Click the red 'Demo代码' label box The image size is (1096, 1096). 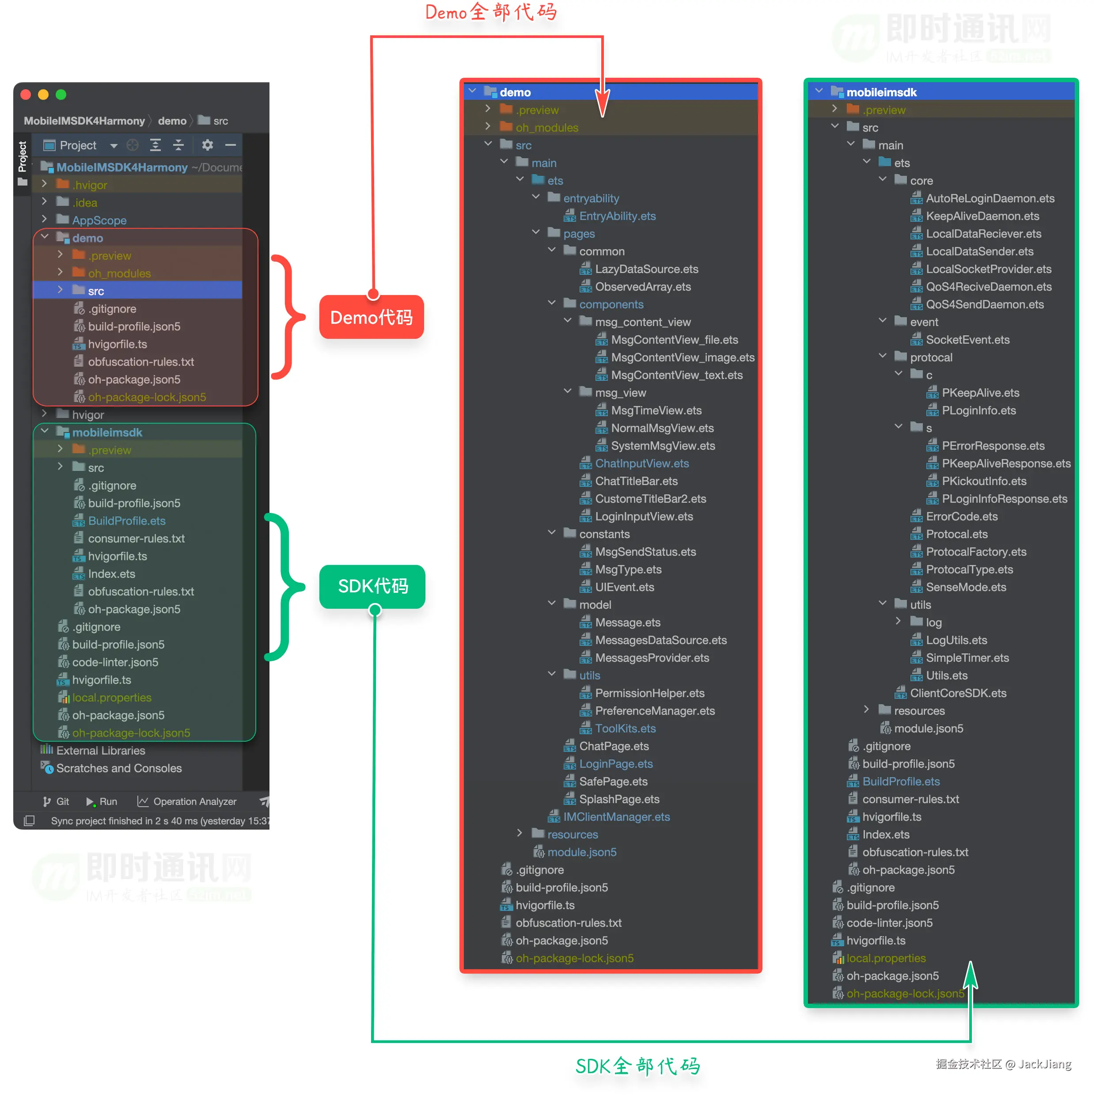[372, 317]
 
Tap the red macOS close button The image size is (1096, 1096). [26, 95]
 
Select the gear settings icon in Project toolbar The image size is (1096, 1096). [208, 145]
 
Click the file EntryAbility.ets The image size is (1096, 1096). [617, 216]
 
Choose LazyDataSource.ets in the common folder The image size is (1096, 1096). [646, 269]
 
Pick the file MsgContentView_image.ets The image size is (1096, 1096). [683, 357]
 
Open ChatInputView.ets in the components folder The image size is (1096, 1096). [641, 463]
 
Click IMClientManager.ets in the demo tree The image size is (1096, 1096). [616, 817]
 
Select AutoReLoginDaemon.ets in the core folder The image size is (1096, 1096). [990, 198]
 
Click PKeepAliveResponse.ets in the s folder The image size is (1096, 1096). [1006, 463]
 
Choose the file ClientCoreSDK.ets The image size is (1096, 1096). [958, 693]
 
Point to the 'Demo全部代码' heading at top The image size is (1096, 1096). [491, 12]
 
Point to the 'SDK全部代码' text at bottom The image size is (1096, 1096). [637, 1066]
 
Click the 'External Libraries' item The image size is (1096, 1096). [100, 751]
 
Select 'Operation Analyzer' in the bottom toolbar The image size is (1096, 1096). [194, 802]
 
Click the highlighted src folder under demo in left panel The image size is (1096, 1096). [96, 291]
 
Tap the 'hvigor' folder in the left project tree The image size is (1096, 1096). [88, 415]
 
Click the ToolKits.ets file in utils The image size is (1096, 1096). [625, 728]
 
